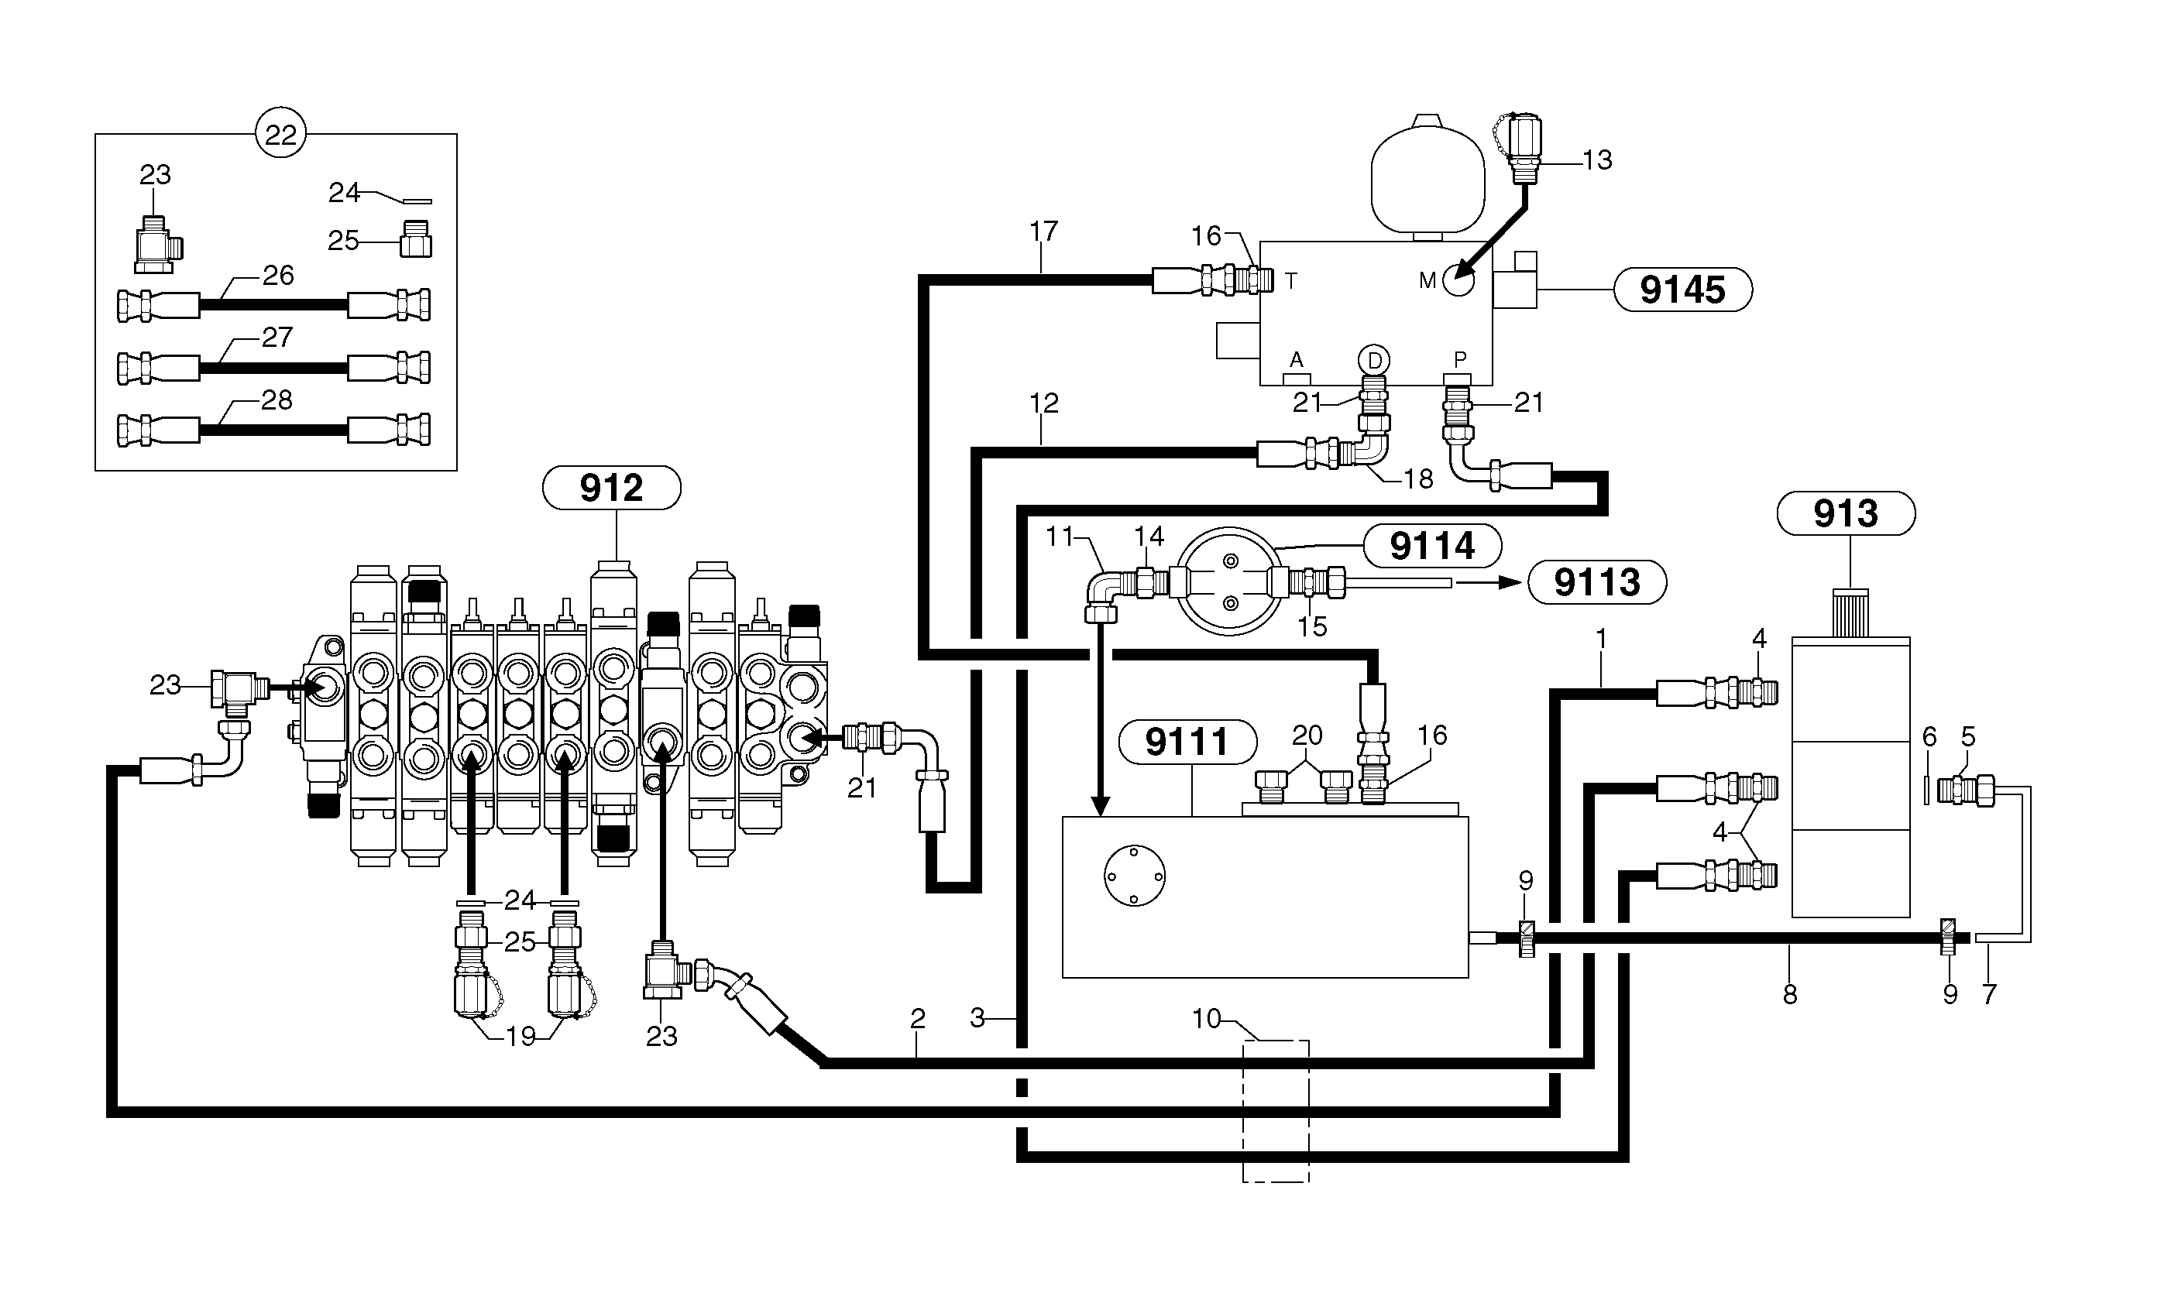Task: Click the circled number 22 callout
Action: click(x=280, y=134)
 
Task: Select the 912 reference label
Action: click(x=611, y=488)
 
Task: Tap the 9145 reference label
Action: click(x=1682, y=290)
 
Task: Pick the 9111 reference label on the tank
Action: click(x=1187, y=742)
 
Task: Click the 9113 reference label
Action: click(x=1596, y=582)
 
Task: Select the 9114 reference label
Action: click(x=1431, y=547)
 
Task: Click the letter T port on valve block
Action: click(x=1291, y=282)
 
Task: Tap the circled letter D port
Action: click(x=1374, y=359)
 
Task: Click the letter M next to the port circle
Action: click(x=1427, y=280)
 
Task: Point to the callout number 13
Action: click(x=1597, y=160)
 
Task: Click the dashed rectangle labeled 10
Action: click(x=1275, y=1110)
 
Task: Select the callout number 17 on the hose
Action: click(x=1043, y=231)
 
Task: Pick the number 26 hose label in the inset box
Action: click(x=278, y=276)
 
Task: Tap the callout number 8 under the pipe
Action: click(x=1790, y=994)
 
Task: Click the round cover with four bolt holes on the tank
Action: click(x=1134, y=875)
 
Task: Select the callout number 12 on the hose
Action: click(x=1043, y=403)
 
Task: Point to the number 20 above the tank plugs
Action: click(x=1307, y=735)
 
